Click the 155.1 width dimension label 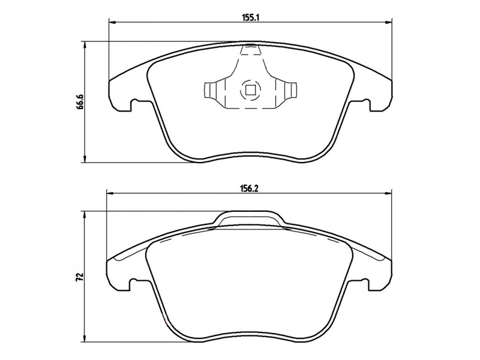coord(251,18)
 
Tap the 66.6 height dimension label coord(80,101)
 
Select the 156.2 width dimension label coord(251,189)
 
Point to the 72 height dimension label coord(80,277)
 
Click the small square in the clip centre coord(250,90)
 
